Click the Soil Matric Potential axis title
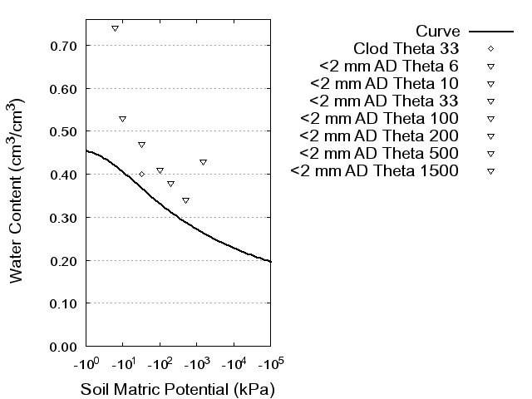click(177, 389)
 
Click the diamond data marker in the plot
click(141, 174)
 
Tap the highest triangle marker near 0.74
click(115, 28)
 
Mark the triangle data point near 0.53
click(122, 119)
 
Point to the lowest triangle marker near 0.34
click(185, 200)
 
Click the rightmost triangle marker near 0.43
click(203, 162)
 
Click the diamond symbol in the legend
click(490, 48)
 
